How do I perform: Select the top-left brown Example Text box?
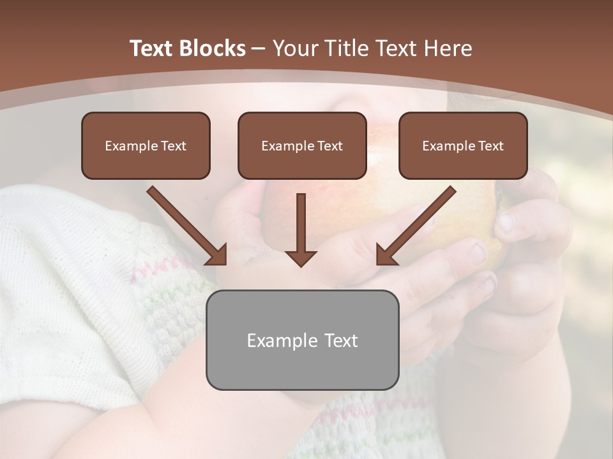146,145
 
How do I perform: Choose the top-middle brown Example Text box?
302,145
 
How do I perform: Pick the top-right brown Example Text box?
463,145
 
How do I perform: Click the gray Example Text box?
302,340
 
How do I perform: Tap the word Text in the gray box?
341,340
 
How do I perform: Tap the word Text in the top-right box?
490,146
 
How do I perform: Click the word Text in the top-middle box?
329,146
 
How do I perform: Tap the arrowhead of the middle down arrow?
301,258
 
